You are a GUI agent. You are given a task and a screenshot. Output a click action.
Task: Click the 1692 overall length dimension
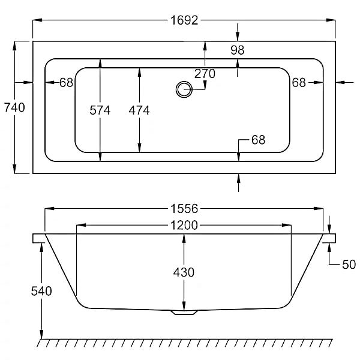tap(184, 20)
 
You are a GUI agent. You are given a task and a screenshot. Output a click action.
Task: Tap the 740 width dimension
tap(14, 107)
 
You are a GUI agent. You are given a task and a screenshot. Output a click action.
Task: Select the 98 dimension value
tap(238, 50)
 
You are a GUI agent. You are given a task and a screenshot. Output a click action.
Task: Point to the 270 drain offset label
tap(205, 74)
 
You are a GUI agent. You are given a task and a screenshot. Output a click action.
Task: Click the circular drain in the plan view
tap(184, 89)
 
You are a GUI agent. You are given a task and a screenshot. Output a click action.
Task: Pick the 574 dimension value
tap(100, 110)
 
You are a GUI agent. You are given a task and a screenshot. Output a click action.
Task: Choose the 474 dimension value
tap(139, 110)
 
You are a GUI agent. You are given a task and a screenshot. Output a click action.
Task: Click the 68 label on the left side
tap(66, 83)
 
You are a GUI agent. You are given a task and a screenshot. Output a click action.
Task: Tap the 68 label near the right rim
tap(299, 83)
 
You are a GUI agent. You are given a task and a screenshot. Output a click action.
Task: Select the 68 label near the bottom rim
tap(258, 140)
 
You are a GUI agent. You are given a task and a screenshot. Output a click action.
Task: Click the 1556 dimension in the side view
tap(184, 209)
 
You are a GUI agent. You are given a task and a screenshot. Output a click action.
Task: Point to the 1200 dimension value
tap(184, 225)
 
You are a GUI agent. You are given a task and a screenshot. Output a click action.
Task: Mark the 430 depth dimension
tap(184, 272)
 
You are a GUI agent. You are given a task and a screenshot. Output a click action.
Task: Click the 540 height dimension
tap(41, 291)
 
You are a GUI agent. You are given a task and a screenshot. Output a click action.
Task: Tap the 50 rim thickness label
tap(349, 265)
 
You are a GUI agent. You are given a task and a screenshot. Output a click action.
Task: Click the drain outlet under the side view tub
tap(184, 312)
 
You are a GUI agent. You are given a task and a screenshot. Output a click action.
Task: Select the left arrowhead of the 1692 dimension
tap(37, 20)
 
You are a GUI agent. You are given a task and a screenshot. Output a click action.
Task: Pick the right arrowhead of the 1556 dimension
tap(319, 208)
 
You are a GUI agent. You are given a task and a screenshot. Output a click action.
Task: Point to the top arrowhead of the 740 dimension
tap(14, 46)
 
